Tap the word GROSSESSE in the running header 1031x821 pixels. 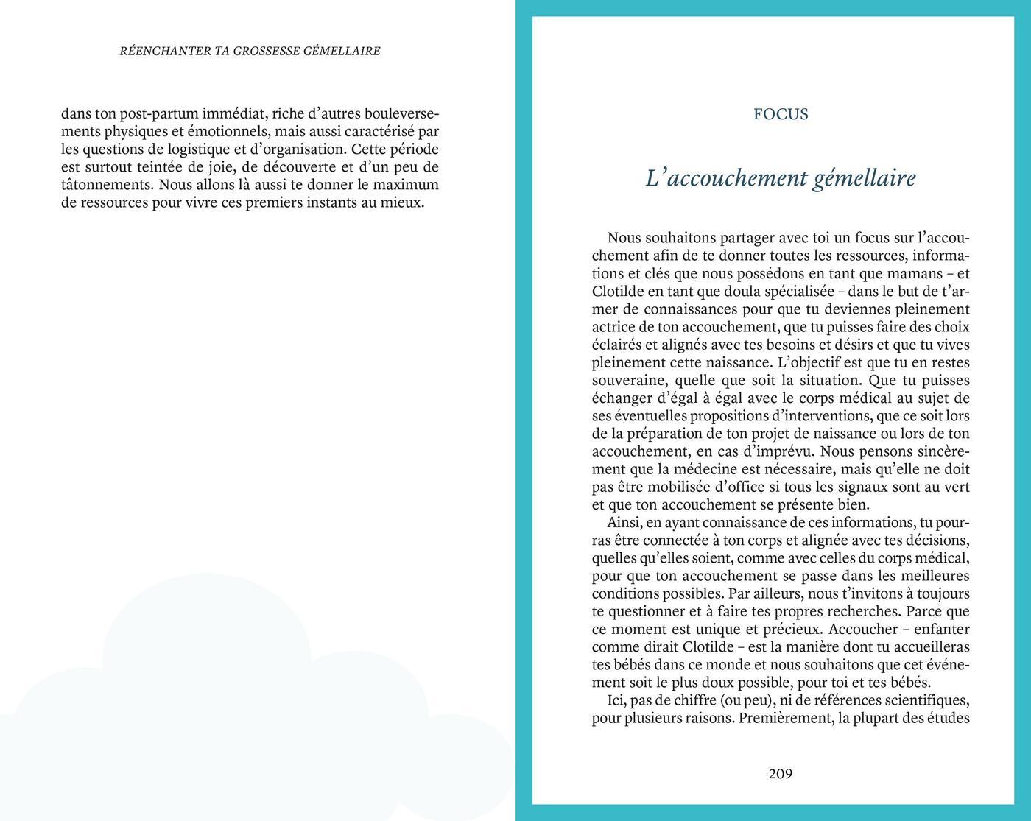click(267, 52)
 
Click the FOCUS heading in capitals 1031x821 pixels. click(781, 114)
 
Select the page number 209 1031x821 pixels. click(781, 774)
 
